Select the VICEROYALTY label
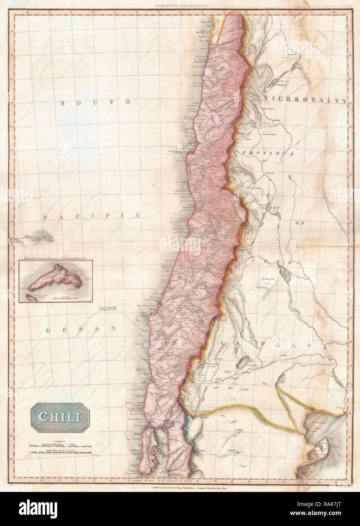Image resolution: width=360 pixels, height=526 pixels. pos(306,100)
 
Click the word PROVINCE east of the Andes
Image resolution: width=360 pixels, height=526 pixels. pos(268,153)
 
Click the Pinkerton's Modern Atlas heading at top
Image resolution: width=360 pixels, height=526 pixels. pos(180,6)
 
